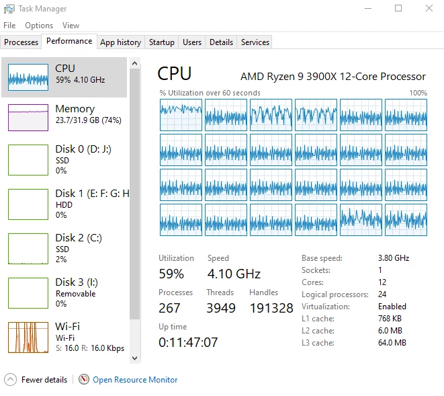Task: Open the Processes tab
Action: (21, 42)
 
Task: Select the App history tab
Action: (121, 42)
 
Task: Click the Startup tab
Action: (162, 42)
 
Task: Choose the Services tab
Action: (255, 42)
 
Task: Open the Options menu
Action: (39, 26)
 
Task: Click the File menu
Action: (9, 26)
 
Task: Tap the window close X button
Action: (429, 8)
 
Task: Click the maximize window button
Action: (398, 8)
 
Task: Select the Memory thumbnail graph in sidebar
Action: (28, 118)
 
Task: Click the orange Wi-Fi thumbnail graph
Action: (28, 338)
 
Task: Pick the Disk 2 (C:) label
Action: (79, 237)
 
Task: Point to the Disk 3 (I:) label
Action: (77, 282)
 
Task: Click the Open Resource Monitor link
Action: (135, 380)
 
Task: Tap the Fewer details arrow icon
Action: (11, 380)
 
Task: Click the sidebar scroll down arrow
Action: (135, 358)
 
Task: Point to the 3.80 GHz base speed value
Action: (394, 258)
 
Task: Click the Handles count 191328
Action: (271, 308)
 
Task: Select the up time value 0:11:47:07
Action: (188, 342)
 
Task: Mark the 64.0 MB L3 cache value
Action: (392, 343)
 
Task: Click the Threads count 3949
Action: (221, 308)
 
